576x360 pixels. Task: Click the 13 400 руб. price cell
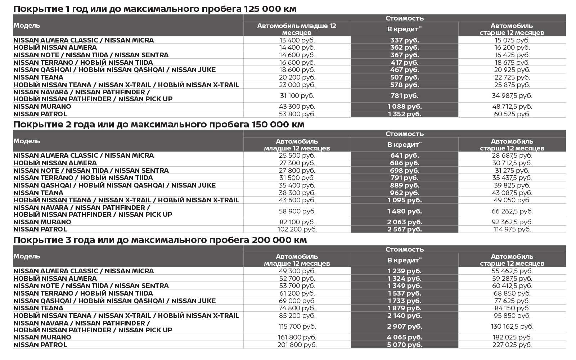point(297,40)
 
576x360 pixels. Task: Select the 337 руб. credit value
point(404,40)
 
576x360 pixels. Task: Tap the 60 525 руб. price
point(512,114)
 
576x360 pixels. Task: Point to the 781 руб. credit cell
point(404,95)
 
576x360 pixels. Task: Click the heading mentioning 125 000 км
point(155,9)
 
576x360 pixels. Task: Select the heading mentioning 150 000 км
point(159,124)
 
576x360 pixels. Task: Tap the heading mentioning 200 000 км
point(160,240)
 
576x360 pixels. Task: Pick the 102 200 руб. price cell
point(297,229)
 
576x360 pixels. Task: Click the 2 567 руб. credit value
point(404,229)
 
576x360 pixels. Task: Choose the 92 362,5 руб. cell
point(512,222)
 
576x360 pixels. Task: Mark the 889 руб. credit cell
point(404,185)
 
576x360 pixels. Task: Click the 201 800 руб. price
point(297,345)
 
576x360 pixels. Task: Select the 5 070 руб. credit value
point(404,345)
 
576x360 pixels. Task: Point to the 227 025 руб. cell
point(512,345)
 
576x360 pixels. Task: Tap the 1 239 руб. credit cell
point(404,271)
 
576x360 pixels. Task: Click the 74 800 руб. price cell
point(297,308)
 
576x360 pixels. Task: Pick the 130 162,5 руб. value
point(512,326)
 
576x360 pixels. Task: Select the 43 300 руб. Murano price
point(297,106)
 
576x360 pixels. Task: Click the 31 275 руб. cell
point(512,170)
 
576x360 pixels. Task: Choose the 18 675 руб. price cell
point(512,62)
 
